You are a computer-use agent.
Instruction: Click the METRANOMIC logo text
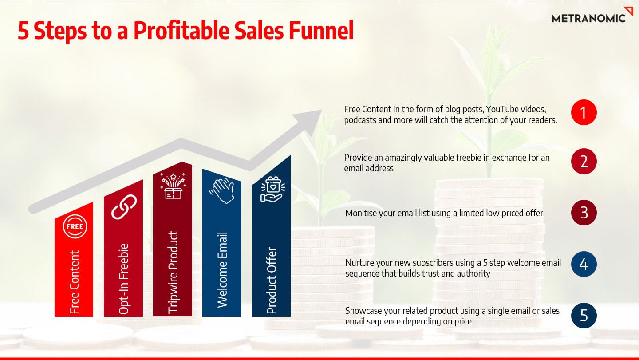pos(588,19)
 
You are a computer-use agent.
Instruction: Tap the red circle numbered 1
pos(584,112)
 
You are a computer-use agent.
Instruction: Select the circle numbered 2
pos(584,161)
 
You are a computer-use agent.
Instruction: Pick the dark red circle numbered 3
pos(584,213)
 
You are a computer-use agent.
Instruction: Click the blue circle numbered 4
pos(584,264)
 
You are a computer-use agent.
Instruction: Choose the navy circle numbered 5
pos(584,315)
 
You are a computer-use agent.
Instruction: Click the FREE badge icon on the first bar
pos(75,226)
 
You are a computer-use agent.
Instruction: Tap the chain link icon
pos(124,207)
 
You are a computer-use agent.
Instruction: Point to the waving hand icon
pos(222,190)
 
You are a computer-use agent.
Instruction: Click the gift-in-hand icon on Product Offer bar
pos(272,190)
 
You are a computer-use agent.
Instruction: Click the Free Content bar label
pos(74,282)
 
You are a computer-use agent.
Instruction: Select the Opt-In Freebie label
pos(123,279)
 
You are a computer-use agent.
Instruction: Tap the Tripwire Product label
pos(173,272)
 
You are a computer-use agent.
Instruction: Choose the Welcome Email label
pos(222,270)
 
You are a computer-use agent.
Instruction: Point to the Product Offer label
pos(272,281)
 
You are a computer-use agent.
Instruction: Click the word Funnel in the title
pos(321,30)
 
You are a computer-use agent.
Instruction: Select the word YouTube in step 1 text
pos(502,109)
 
